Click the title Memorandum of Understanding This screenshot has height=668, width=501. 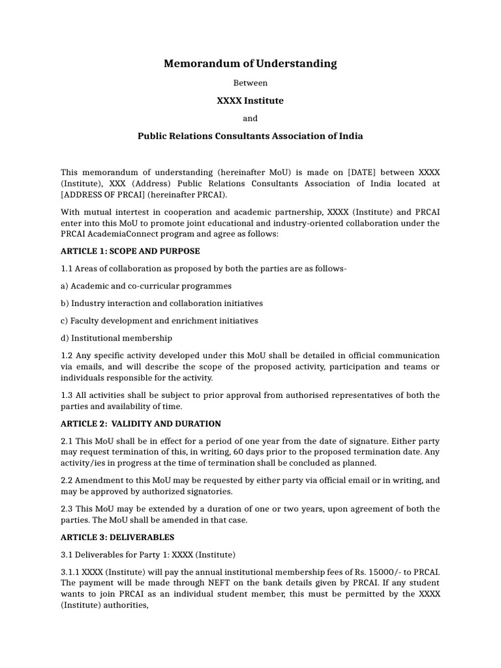(250, 63)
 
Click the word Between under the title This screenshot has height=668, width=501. (250, 83)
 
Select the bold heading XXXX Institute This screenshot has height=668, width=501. (250, 100)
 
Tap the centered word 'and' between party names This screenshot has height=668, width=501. (250, 118)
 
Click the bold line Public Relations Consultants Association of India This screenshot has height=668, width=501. (250, 136)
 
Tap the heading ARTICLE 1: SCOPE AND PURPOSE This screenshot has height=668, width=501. (130, 251)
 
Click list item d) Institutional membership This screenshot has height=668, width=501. (117, 338)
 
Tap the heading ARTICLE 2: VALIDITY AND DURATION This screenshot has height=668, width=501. (141, 423)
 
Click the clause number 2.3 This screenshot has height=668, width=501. (67, 509)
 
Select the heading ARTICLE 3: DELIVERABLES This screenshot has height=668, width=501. (117, 538)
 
